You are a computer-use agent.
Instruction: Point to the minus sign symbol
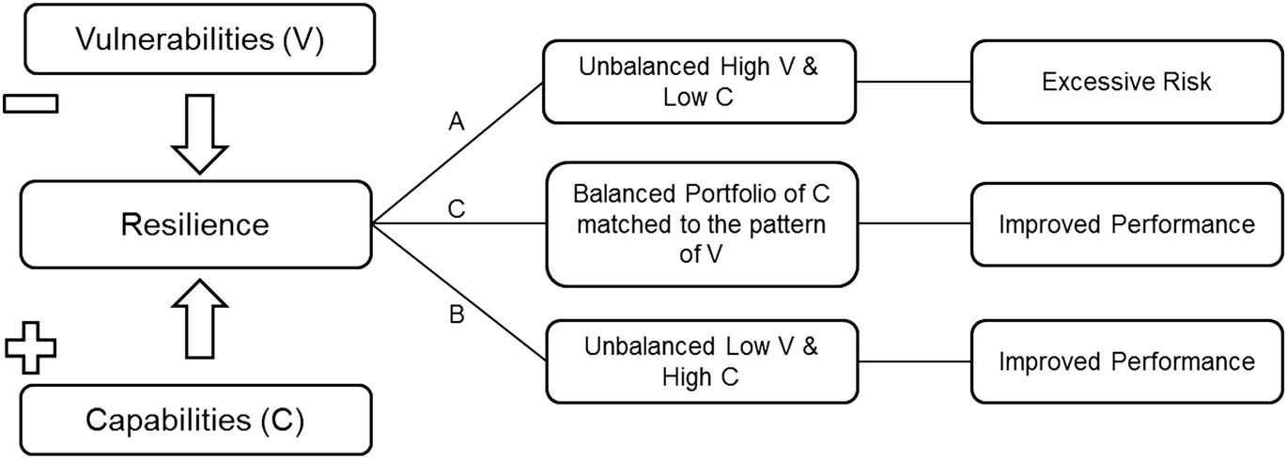pyautogui.click(x=30, y=102)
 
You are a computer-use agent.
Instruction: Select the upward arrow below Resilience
pyautogui.click(x=202, y=318)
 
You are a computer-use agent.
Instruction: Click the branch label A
pyautogui.click(x=457, y=121)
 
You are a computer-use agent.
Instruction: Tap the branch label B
pyautogui.click(x=457, y=314)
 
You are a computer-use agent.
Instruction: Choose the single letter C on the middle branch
pyautogui.click(x=457, y=210)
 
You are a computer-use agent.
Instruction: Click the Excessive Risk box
pyautogui.click(x=1125, y=82)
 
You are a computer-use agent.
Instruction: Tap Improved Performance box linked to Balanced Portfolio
pyautogui.click(x=1125, y=224)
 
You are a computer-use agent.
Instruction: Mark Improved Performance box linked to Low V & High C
pyautogui.click(x=1125, y=361)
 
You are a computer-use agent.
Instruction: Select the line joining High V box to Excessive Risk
pyautogui.click(x=914, y=82)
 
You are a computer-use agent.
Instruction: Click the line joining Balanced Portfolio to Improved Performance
pyautogui.click(x=914, y=224)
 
